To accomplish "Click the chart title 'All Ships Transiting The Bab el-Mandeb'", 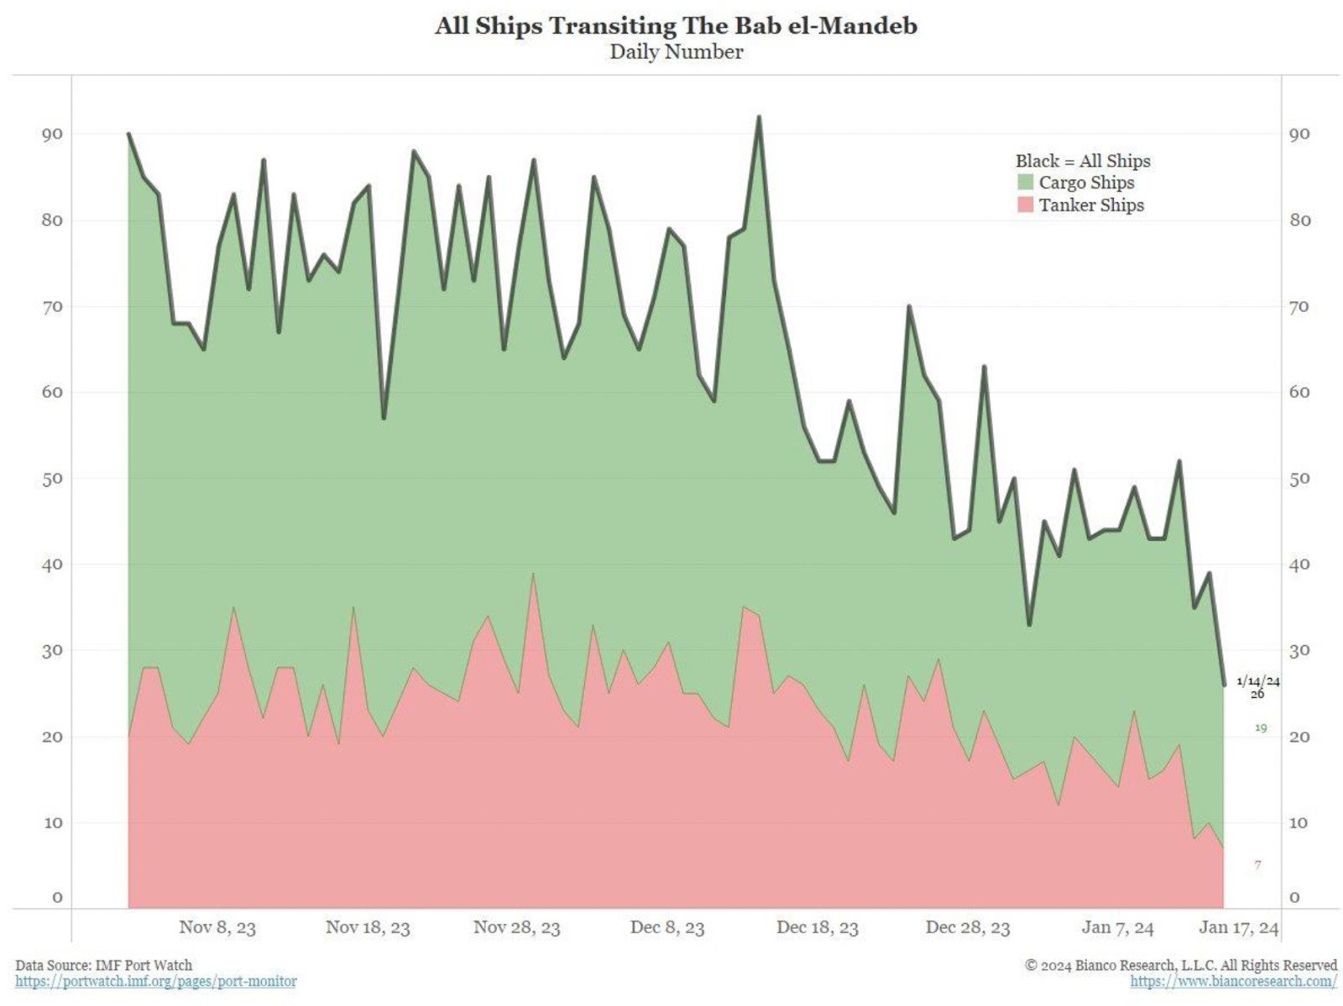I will click(x=676, y=26).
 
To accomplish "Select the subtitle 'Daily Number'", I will click(x=676, y=52).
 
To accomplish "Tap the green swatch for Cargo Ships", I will click(x=1025, y=182).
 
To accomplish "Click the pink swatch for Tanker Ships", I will click(x=1025, y=205).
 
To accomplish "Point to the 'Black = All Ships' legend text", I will click(x=1083, y=161).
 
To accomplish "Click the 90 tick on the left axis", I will click(x=52, y=134).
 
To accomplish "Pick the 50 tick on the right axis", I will click(x=1299, y=478).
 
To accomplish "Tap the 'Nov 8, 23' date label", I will click(x=217, y=927).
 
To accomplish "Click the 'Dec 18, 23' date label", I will click(x=817, y=927).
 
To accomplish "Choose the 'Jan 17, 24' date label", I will click(x=1239, y=927).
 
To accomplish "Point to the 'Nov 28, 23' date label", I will click(x=516, y=927).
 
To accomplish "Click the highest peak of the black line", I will click(x=759, y=117).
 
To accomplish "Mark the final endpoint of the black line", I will click(x=1224, y=685).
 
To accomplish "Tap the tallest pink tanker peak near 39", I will click(x=533, y=575).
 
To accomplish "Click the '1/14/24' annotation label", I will click(x=1257, y=680).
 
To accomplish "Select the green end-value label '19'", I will click(x=1260, y=727).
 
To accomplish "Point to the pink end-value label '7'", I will click(x=1257, y=864).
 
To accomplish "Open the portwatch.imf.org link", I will click(x=156, y=981).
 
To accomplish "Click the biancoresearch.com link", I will click(x=1233, y=981).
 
